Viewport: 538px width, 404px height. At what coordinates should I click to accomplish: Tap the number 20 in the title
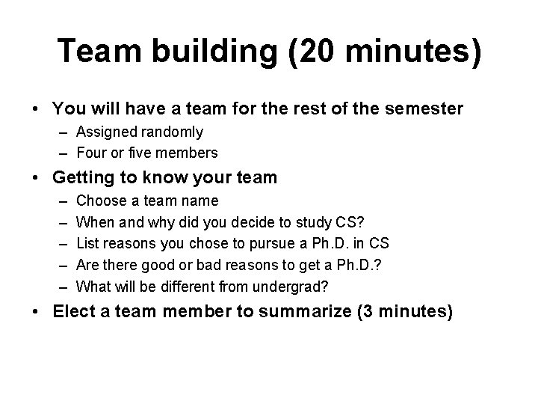pos(312,51)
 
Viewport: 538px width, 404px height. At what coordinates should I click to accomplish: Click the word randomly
pos(175,132)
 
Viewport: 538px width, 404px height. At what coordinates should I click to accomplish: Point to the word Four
pos(91,153)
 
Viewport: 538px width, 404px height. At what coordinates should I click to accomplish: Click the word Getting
pos(83,178)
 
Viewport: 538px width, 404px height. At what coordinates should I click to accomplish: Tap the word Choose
pos(101,201)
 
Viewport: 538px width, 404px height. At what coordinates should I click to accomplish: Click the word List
pos(87,243)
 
